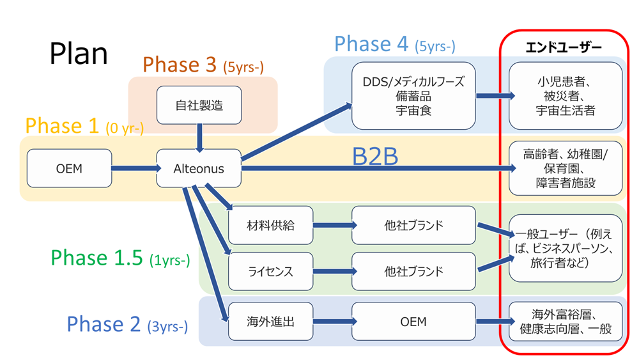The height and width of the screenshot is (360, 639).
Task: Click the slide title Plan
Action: point(79,54)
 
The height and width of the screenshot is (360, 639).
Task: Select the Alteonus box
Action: point(199,169)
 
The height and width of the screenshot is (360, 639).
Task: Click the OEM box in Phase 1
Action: point(68,169)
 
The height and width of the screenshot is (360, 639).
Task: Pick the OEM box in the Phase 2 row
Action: point(413,322)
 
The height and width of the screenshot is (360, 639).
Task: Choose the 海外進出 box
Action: point(270,322)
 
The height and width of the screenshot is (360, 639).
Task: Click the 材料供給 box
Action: point(270,225)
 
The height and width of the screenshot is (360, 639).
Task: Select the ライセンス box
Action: point(270,272)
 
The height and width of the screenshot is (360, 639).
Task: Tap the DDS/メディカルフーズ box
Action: point(413,95)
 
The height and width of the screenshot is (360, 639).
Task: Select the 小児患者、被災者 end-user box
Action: point(566,95)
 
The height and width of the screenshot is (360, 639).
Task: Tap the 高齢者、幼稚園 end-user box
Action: point(566,169)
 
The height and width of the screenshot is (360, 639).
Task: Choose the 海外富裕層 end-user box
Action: point(566,322)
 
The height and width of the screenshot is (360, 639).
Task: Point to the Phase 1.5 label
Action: point(120,258)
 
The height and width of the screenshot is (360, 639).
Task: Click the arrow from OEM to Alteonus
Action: point(135,169)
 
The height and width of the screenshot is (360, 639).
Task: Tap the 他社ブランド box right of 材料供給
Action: point(413,225)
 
